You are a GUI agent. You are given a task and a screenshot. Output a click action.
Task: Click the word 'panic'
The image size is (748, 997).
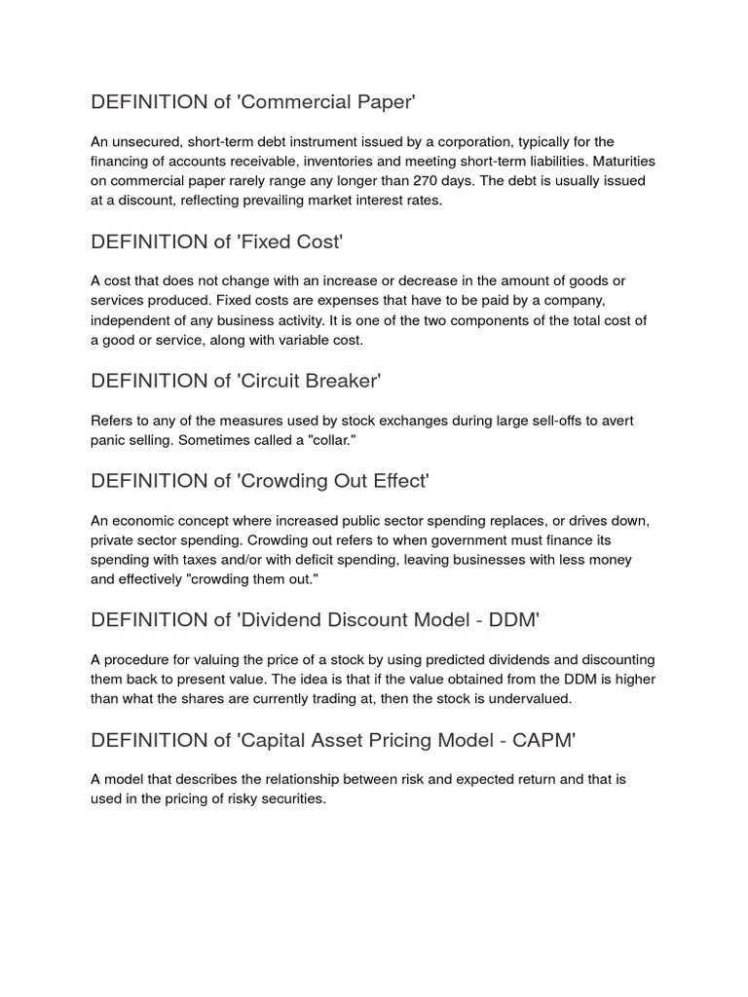pos(110,442)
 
